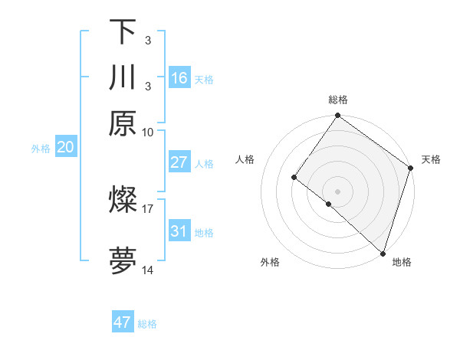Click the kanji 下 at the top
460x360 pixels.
click(123, 31)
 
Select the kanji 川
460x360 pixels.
click(123, 77)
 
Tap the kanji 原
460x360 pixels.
click(123, 123)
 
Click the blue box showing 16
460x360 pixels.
click(179, 77)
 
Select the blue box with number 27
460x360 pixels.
click(179, 162)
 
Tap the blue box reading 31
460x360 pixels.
click(179, 231)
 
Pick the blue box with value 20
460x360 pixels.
click(65, 148)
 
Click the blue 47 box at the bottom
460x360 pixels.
click(123, 322)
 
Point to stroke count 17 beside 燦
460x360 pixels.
click(148, 208)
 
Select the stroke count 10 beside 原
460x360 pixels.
click(148, 132)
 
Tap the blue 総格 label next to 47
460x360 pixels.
click(147, 324)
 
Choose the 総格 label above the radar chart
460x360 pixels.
click(338, 100)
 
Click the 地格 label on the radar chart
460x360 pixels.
click(402, 263)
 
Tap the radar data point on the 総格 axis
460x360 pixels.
click(338, 116)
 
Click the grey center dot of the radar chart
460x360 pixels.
click(338, 191)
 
